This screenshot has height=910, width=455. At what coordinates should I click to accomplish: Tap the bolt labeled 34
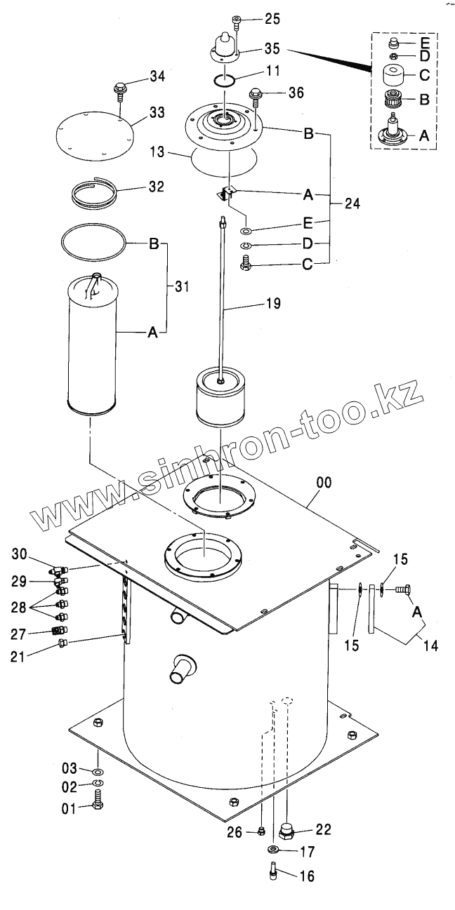[x=119, y=91]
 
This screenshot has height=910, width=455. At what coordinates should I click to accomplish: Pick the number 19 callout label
[x=272, y=304]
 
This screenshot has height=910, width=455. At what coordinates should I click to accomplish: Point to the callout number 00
[x=324, y=483]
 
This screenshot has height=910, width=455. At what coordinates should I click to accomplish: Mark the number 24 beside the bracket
[x=352, y=204]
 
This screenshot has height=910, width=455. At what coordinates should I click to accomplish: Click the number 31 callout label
[x=182, y=287]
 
